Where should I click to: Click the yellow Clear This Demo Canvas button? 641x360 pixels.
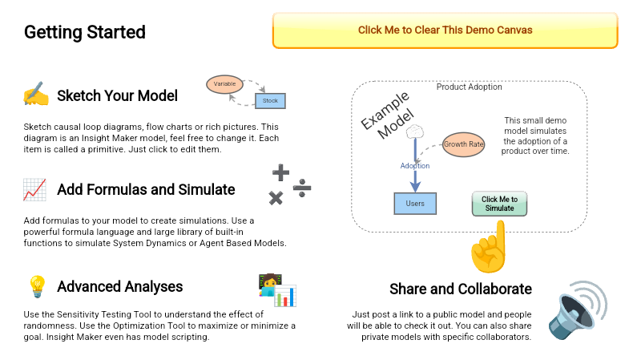(x=445, y=30)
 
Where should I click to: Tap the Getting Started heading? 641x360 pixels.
(x=85, y=32)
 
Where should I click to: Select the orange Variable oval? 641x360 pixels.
(x=224, y=83)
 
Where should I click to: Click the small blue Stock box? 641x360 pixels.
(x=271, y=101)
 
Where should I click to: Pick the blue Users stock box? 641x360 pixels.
(x=415, y=204)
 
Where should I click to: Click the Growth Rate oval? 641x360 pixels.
(x=464, y=144)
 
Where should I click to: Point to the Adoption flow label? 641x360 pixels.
(x=415, y=166)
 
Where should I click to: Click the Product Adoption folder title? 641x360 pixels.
(x=470, y=87)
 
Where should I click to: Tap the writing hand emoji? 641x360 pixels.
(x=35, y=95)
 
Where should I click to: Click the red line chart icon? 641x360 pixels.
(x=34, y=190)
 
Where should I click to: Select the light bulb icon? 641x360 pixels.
(x=37, y=286)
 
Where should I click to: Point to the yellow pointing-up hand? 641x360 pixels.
(x=490, y=248)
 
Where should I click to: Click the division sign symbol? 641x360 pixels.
(x=301, y=189)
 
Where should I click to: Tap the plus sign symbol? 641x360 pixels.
(x=280, y=172)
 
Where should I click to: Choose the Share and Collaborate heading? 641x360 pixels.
(x=460, y=289)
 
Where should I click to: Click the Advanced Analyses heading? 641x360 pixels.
(x=119, y=286)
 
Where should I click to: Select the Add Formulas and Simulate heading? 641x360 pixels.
(x=146, y=190)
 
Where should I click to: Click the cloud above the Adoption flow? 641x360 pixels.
(x=414, y=131)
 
